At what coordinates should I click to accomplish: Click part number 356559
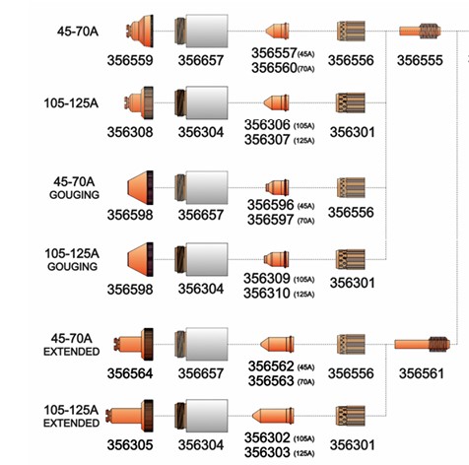(x=130, y=60)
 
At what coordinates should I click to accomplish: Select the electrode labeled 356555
(x=420, y=32)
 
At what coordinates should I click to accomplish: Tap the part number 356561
(x=422, y=373)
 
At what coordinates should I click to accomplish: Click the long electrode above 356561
(x=422, y=345)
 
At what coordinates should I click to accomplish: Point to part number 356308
(x=130, y=132)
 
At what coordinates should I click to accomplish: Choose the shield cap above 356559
(x=140, y=32)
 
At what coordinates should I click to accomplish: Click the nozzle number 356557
(x=274, y=53)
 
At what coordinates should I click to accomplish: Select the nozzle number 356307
(x=267, y=140)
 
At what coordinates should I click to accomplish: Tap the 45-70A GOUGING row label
(x=74, y=188)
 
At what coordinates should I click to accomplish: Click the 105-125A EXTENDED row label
(x=71, y=416)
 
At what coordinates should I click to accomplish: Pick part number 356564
(x=130, y=373)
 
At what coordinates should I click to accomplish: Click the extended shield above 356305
(x=129, y=416)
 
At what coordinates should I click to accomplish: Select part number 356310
(x=267, y=293)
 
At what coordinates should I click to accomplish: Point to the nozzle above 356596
(x=277, y=187)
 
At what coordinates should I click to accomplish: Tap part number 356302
(x=267, y=437)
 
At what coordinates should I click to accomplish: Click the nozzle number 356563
(x=271, y=381)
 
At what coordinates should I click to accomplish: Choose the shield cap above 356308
(x=139, y=102)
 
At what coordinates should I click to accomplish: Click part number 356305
(x=130, y=445)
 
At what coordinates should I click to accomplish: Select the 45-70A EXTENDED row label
(x=71, y=345)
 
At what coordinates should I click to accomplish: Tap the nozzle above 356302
(x=273, y=416)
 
